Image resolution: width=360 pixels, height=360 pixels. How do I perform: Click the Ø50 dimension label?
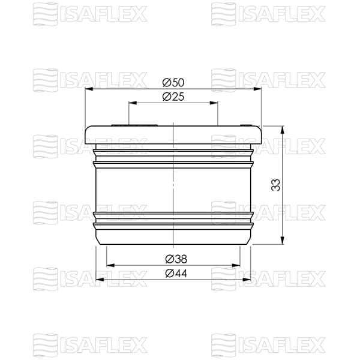pos(173,82)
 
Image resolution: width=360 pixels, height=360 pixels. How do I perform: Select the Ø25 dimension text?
pos(173,97)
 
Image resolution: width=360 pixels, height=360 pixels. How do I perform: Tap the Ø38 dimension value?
pos(173,259)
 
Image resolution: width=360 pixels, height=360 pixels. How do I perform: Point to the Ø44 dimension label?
pos(173,273)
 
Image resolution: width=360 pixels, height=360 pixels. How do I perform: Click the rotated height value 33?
pos(275,185)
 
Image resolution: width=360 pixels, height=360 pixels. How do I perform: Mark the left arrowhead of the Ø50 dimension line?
pos(88,89)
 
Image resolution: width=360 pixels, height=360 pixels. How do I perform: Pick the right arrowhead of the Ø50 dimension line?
pos(259,89)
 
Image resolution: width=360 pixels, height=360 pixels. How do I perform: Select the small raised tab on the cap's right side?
pos(246,126)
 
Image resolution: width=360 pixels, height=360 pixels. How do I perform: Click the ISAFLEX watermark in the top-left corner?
pos(90,11)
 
